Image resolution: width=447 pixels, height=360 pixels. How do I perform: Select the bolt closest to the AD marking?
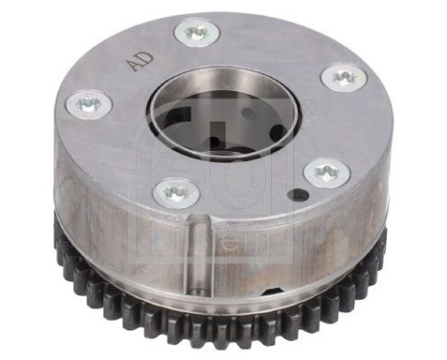click(197, 35)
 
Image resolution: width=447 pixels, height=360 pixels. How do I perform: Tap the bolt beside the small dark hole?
click(325, 173)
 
